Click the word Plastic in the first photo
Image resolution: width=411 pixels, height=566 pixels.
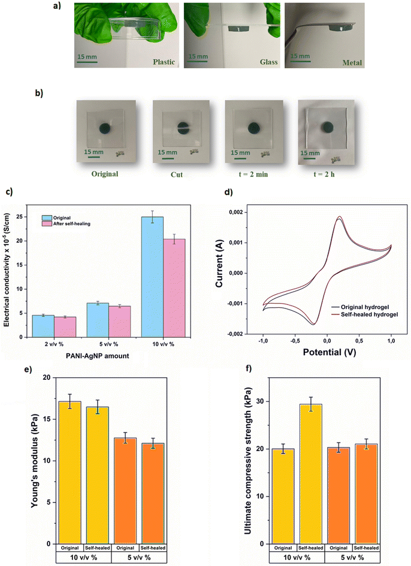[x=164, y=62]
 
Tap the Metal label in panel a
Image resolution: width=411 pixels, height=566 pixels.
[x=352, y=62]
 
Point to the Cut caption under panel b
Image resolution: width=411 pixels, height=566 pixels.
[x=177, y=174]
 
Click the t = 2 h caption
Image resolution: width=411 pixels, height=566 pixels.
[x=324, y=174]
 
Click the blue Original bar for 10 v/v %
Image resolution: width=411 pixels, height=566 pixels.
[x=152, y=277]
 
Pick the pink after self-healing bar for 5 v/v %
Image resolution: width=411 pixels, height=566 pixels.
[x=120, y=322]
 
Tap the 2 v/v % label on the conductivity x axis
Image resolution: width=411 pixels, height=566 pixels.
[x=54, y=344]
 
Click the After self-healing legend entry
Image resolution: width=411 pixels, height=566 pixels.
[x=67, y=224]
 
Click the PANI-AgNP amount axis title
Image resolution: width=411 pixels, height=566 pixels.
[x=98, y=356]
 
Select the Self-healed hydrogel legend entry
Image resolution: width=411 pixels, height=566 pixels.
[x=365, y=314]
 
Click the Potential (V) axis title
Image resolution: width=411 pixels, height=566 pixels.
[x=330, y=352]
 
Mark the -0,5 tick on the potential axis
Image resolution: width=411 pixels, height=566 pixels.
[x=295, y=341]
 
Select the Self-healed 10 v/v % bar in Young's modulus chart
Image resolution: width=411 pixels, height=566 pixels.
[x=97, y=476]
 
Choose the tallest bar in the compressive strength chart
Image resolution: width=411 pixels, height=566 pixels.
[x=310, y=474]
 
